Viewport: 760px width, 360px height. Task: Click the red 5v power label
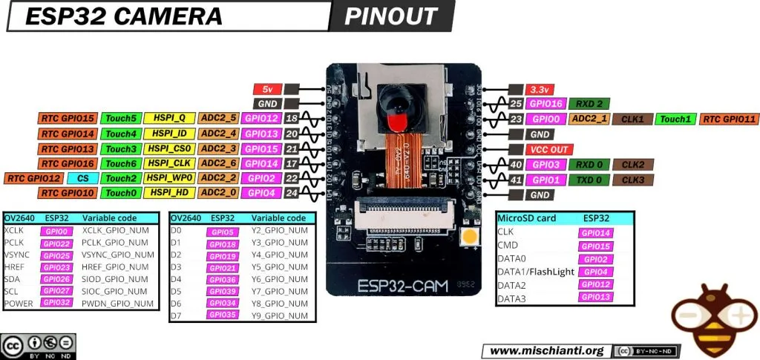[x=266, y=88]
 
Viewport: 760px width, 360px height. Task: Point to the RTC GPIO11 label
[x=729, y=119]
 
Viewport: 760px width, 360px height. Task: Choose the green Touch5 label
[x=120, y=119]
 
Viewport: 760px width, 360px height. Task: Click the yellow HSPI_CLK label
[x=170, y=163]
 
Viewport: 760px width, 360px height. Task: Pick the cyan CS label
[x=82, y=178]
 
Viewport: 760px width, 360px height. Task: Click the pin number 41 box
[x=517, y=180]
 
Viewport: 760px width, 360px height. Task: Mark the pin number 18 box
[x=292, y=119]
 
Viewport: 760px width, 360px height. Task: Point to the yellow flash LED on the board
[x=469, y=238]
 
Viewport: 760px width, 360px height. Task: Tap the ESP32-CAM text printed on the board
[x=402, y=285]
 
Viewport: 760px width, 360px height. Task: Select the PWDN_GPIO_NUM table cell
[x=118, y=303]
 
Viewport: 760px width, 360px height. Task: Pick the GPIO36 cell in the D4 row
[x=223, y=279]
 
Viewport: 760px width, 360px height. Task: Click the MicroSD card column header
[x=526, y=218]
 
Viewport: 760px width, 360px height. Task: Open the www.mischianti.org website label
[x=547, y=350]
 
